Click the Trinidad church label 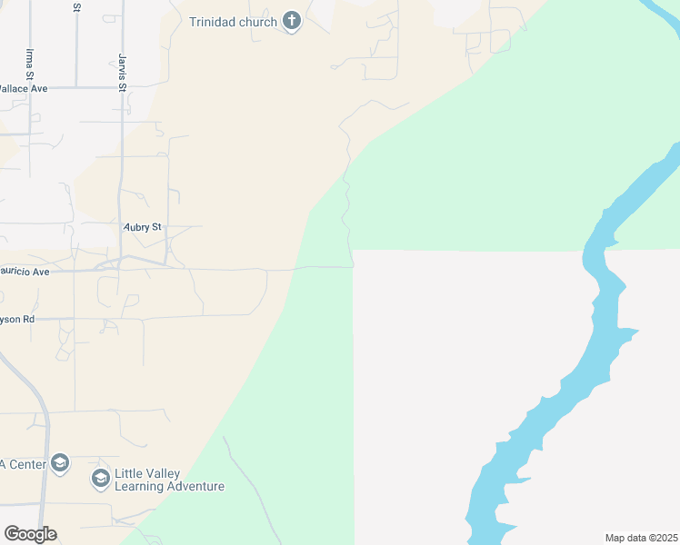point(233,22)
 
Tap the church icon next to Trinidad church point(292,21)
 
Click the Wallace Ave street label point(23,88)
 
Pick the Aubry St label point(142,226)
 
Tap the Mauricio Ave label point(25,272)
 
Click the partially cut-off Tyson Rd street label point(17,320)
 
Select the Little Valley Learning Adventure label point(169,480)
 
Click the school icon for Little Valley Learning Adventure point(101,478)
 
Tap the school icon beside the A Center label point(60,463)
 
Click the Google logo point(30,534)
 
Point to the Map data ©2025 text point(641,538)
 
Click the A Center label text point(22,464)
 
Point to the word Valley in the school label point(162,474)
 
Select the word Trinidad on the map point(215,22)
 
